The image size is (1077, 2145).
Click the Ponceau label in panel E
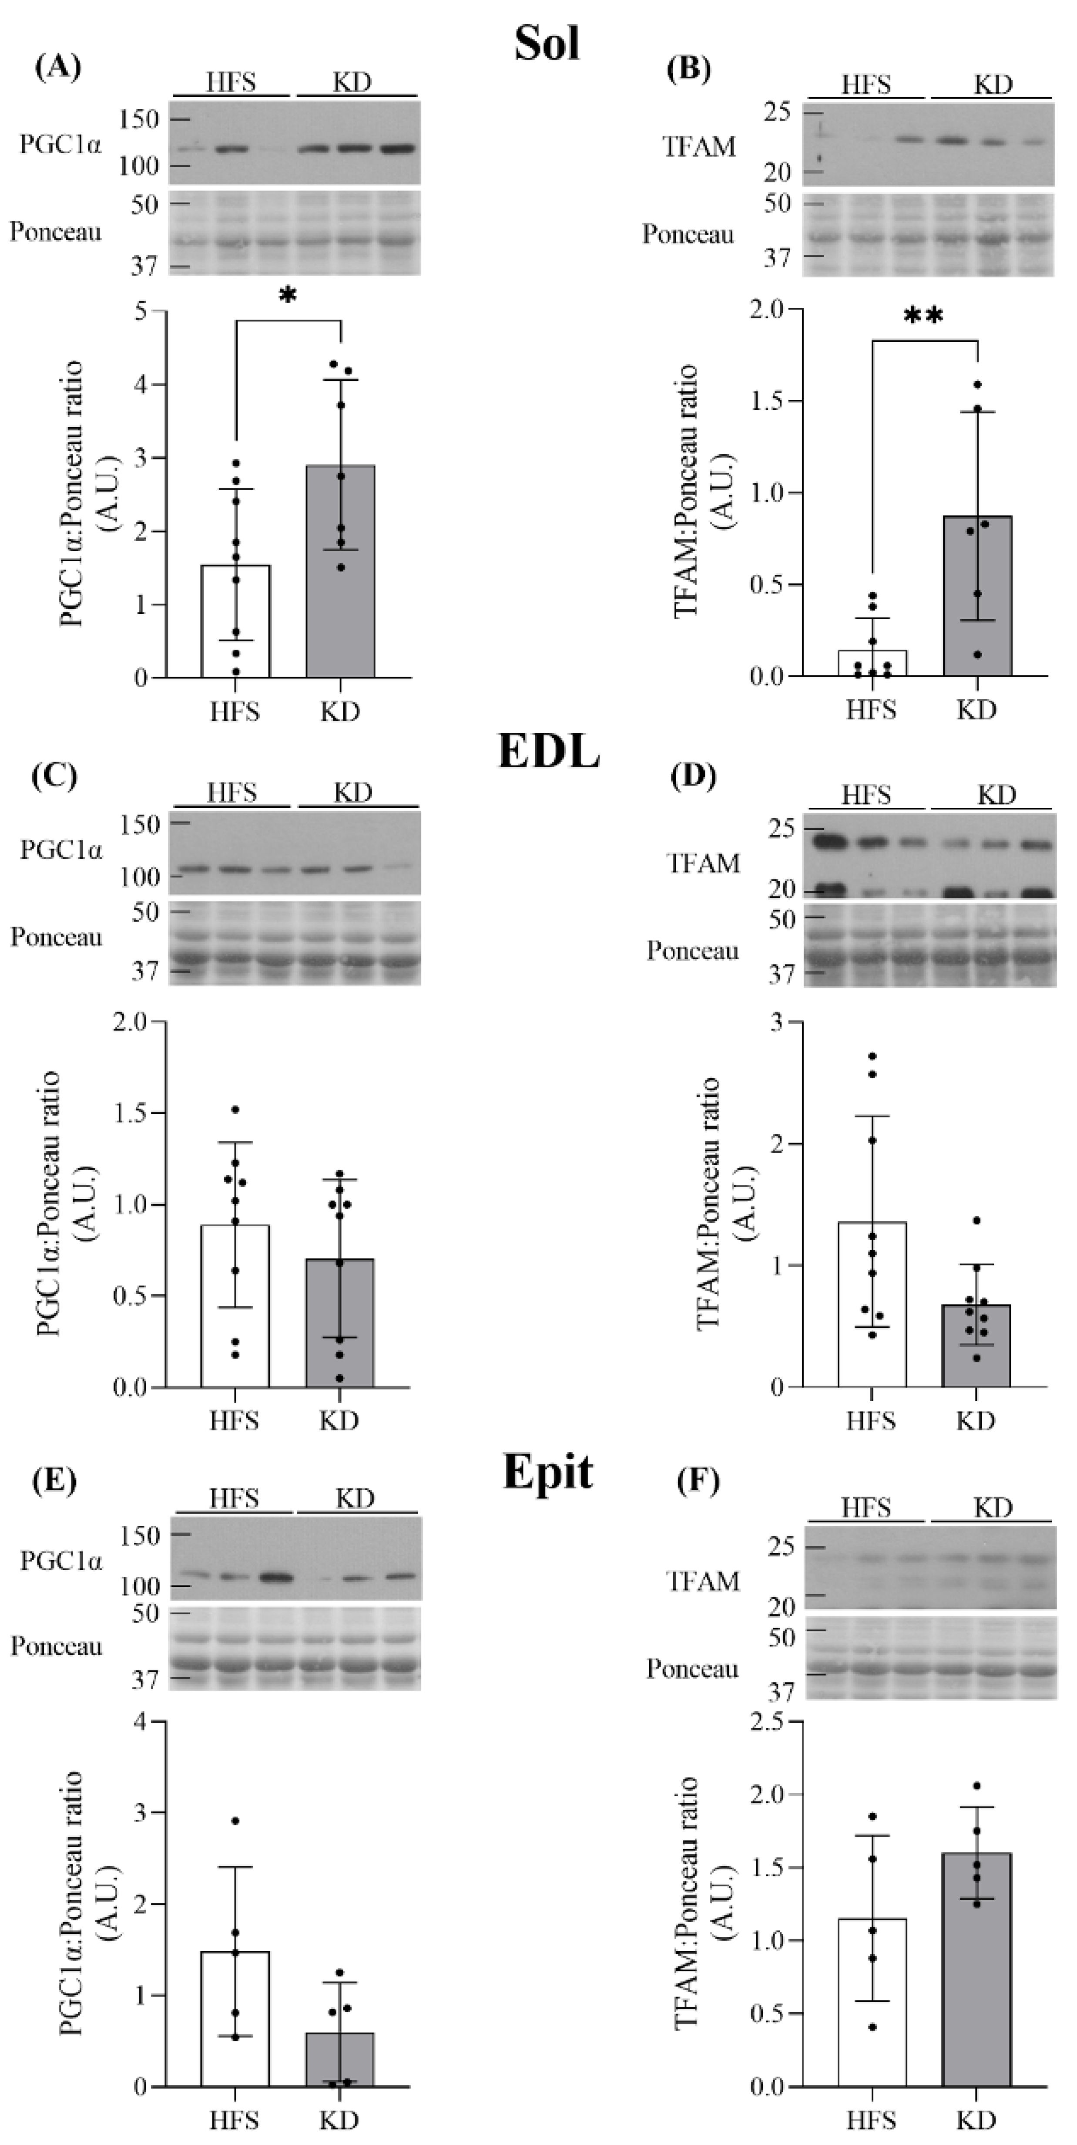56,1646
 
